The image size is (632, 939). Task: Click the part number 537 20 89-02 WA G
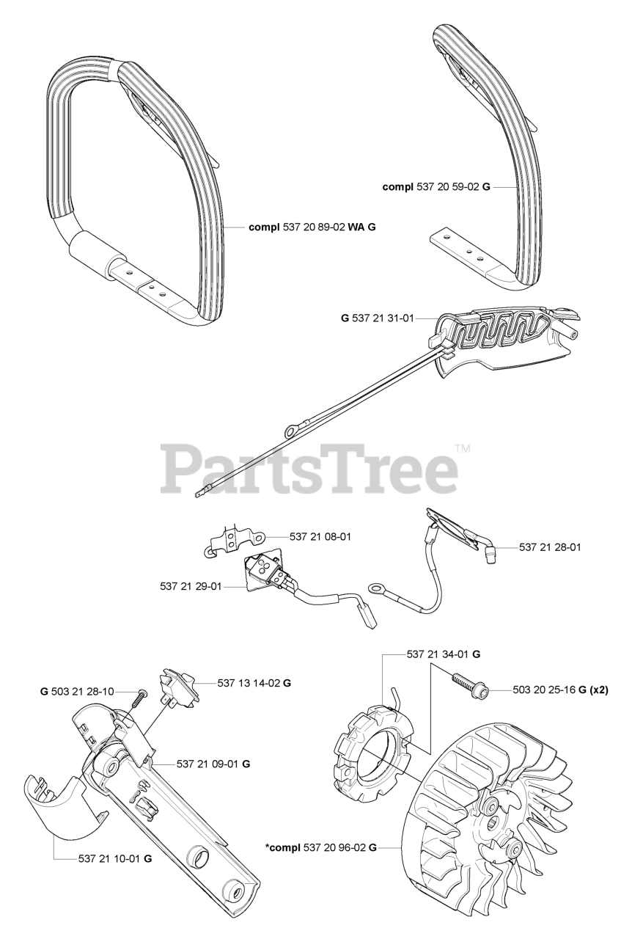[312, 227]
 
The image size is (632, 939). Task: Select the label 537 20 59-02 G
[432, 187]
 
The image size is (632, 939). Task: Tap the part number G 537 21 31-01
[378, 318]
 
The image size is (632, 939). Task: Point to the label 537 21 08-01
[320, 537]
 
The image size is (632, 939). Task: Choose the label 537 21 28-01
[550, 547]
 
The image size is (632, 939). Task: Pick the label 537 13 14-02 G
[254, 683]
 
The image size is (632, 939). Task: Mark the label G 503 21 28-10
[77, 692]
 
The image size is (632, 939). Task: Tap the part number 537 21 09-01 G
[213, 764]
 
